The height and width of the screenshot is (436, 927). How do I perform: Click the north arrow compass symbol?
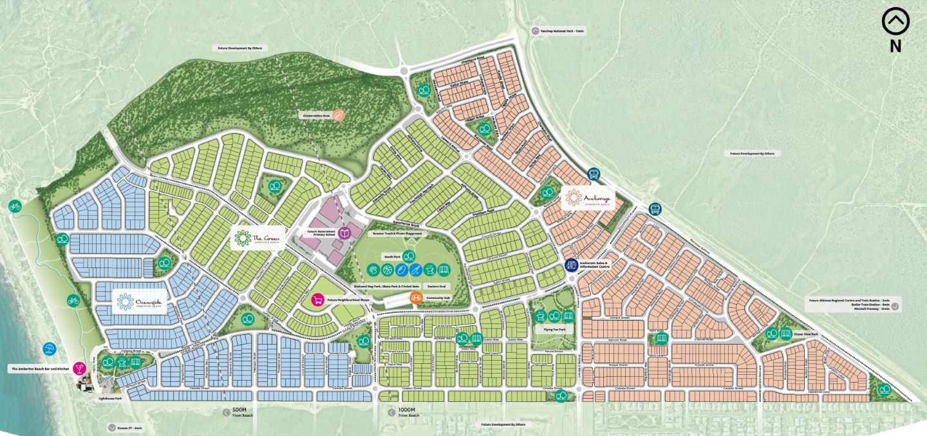[x=895, y=23]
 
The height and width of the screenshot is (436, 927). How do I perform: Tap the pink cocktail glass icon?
[x=79, y=368]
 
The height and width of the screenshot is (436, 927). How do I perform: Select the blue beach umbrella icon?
[x=49, y=350]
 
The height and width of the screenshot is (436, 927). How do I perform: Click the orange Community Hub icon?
[x=417, y=298]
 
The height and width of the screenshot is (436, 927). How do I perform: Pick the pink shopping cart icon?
[x=317, y=299]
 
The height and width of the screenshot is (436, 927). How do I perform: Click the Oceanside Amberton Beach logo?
[x=140, y=301]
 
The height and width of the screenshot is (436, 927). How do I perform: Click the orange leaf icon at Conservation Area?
[x=340, y=115]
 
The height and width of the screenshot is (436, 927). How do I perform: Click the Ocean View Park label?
[x=805, y=335]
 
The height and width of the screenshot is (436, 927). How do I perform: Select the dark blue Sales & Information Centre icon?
[x=570, y=265]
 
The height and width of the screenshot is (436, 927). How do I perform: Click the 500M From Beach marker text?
[x=239, y=413]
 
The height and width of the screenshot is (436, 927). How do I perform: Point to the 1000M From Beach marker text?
[x=407, y=413]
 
